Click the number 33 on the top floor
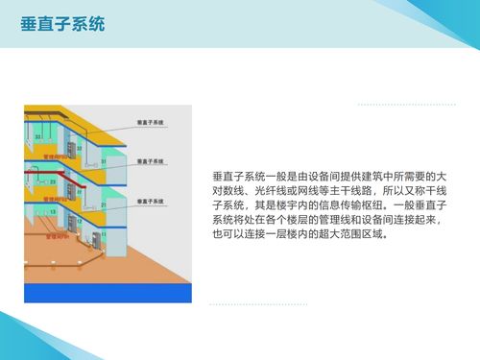pyautogui.click(x=37, y=137)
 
